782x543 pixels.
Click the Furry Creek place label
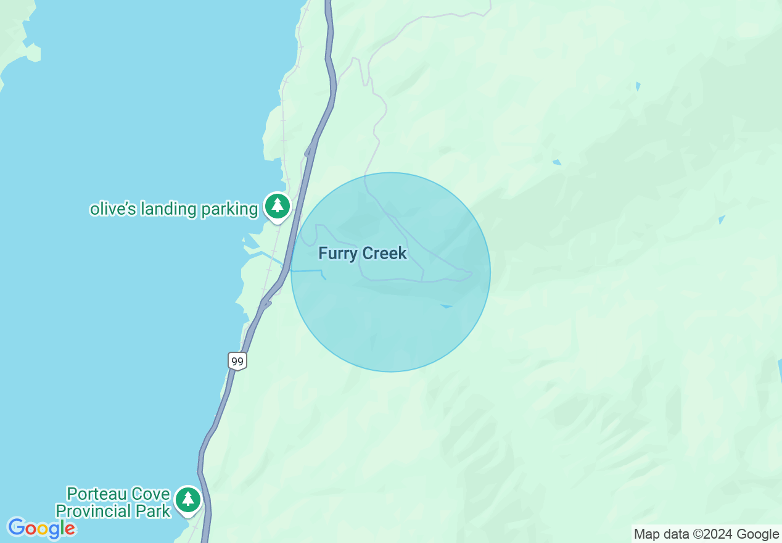point(363,253)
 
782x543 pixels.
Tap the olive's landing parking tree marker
point(278,205)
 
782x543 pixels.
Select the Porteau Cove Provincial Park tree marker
point(187,499)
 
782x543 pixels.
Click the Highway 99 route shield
point(237,360)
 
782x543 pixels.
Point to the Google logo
point(41,528)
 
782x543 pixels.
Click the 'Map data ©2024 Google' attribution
point(706,534)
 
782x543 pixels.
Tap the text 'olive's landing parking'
point(174,209)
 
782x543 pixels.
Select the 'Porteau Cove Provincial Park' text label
point(113,502)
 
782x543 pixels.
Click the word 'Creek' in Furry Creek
point(384,253)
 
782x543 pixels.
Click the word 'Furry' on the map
point(338,253)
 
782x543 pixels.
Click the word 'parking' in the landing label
point(229,210)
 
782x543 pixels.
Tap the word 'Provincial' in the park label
point(94,511)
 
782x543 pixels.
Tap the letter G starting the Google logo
point(17,528)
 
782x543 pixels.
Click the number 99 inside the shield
point(237,360)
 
